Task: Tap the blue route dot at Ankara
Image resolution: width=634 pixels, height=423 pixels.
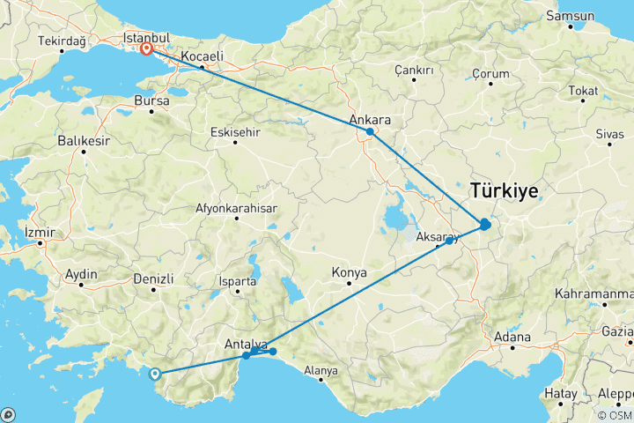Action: click(371, 132)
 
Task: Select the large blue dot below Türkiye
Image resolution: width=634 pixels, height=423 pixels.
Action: click(485, 225)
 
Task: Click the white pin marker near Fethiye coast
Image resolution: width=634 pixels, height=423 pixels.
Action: click(156, 374)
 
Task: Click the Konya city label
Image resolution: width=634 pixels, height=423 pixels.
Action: click(350, 273)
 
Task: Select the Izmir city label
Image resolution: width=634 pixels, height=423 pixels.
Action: click(41, 234)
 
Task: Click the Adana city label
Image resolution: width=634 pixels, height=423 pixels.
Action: click(512, 337)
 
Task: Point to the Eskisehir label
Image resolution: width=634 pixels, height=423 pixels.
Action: click(235, 132)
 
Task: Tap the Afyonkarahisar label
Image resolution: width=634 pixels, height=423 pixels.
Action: click(237, 209)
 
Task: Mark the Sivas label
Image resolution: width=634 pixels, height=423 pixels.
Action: click(609, 134)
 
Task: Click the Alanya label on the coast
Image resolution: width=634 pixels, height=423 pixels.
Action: click(321, 371)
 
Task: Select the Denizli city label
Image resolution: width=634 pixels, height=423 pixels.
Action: click(152, 278)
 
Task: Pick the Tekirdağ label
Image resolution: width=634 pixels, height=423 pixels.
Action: click(61, 41)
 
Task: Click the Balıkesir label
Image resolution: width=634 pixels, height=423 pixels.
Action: click(82, 139)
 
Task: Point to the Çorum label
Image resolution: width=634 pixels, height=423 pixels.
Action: click(490, 73)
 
